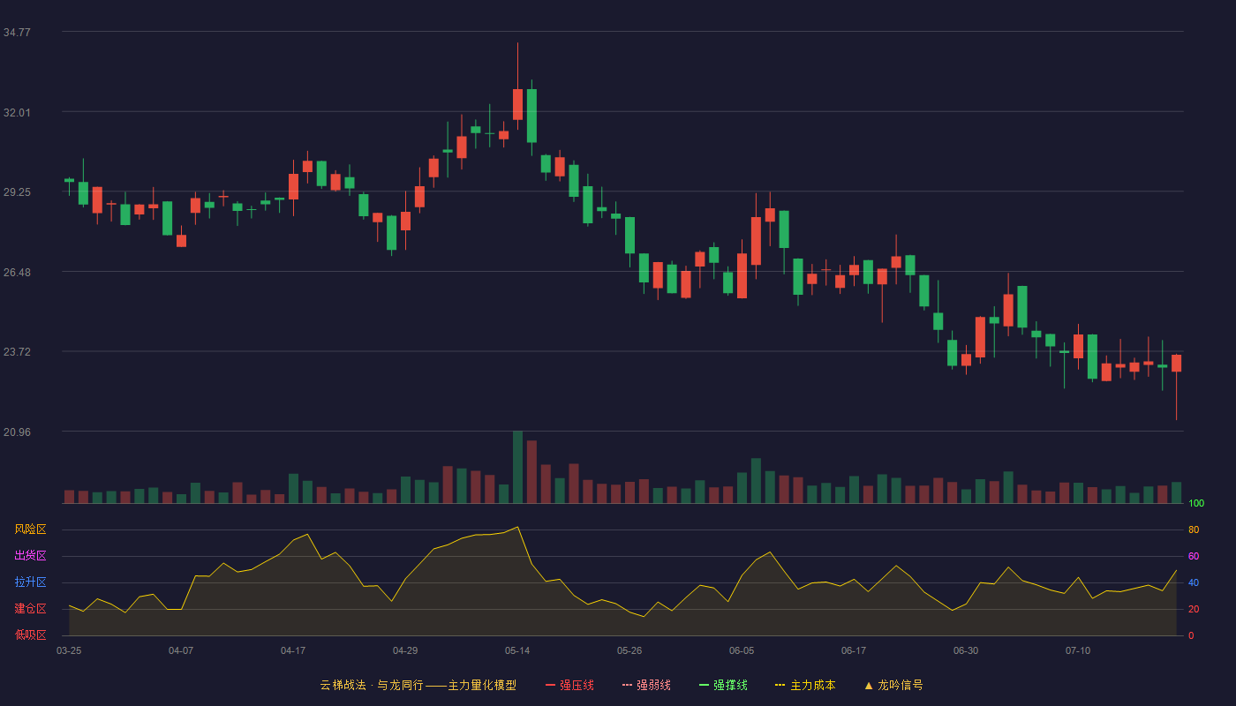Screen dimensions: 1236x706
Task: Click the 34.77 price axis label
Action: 17,33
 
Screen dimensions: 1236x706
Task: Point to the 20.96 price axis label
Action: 17,432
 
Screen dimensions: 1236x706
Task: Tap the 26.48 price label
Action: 17,273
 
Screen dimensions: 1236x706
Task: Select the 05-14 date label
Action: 517,651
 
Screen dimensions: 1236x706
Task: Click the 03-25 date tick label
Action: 69,651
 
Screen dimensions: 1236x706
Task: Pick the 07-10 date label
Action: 1078,651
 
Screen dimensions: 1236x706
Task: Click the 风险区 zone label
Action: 30,529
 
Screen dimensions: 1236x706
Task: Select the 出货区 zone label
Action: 30,555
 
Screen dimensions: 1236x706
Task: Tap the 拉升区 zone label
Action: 30,582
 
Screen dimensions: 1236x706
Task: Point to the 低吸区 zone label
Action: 30,635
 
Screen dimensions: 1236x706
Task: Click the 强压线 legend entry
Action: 569,685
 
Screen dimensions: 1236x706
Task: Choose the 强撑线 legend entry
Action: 723,685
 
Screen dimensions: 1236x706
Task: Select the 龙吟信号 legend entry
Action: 893,685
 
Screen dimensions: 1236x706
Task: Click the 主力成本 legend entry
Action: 805,685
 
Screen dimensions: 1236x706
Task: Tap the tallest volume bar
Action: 517,467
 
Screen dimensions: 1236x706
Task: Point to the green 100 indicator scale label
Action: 1196,503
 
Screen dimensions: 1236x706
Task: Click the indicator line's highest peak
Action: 517,528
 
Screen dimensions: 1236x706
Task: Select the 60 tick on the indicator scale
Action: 1194,556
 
